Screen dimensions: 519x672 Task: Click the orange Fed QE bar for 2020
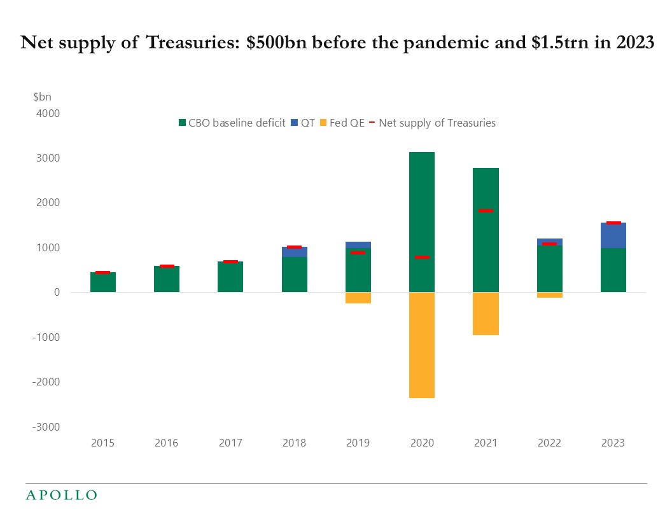(421, 345)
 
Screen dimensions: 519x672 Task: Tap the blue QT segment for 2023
(613, 235)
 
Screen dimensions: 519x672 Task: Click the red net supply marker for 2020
(421, 257)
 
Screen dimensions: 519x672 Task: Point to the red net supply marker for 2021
(485, 211)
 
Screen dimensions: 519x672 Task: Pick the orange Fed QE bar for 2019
(358, 298)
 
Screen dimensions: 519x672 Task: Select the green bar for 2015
(103, 282)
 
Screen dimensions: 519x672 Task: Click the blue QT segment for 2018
(294, 252)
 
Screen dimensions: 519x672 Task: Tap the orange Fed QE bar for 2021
(485, 314)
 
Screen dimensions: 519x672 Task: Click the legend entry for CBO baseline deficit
(232, 123)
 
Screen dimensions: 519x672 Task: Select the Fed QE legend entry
(342, 123)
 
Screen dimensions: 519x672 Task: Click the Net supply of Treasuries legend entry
(433, 123)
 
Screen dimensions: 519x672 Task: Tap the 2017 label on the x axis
(230, 443)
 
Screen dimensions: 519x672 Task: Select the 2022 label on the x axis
(549, 443)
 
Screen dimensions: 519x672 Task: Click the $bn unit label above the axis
(41, 97)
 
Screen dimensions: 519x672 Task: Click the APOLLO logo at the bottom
(61, 495)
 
